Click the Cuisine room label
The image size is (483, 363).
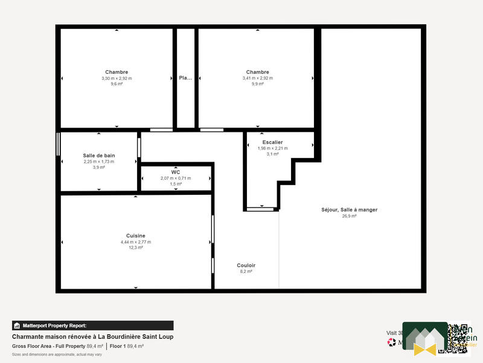136,236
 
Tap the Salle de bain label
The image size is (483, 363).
99,155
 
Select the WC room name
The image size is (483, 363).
176,172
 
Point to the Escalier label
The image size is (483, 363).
272,142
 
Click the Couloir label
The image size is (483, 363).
246,265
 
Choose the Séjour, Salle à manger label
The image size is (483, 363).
349,210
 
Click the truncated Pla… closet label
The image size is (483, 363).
185,77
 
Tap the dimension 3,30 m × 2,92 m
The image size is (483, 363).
117,78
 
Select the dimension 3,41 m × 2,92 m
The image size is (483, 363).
258,78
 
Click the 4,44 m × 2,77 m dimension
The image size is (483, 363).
136,242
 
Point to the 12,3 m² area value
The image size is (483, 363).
136,247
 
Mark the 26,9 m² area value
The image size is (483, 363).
349,216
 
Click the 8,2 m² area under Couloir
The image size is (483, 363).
246,272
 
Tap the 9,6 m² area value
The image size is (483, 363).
117,84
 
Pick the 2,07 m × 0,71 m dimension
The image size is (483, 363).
176,178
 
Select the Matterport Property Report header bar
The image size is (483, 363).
93,325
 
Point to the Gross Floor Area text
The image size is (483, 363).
34,346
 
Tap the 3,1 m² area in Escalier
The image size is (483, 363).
272,154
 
